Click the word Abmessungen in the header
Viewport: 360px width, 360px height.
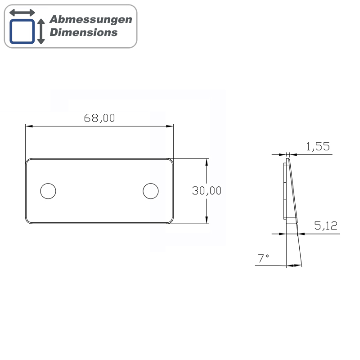[x=90, y=19]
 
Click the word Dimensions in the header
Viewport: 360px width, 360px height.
[x=83, y=32]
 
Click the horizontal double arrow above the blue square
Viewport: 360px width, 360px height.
[x=22, y=12]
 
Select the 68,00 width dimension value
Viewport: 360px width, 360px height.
[x=99, y=118]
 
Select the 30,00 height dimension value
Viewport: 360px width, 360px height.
[x=207, y=191]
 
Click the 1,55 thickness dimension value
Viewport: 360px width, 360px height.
[x=318, y=146]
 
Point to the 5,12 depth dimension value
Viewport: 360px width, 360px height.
[x=326, y=226]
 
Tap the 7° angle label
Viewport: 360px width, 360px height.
[x=263, y=258]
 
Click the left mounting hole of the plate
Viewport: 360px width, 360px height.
[x=48, y=191]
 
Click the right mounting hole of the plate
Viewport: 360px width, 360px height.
[x=151, y=191]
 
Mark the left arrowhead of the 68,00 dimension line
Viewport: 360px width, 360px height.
[x=28, y=126]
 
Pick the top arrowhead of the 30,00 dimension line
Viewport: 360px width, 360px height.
[x=207, y=161]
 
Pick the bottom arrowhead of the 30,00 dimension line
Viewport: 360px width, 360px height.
[x=207, y=220]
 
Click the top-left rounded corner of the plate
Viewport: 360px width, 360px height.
[x=28, y=160]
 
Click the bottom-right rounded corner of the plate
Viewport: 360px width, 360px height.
[x=171, y=221]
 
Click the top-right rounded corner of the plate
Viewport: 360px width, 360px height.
[x=171, y=160]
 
